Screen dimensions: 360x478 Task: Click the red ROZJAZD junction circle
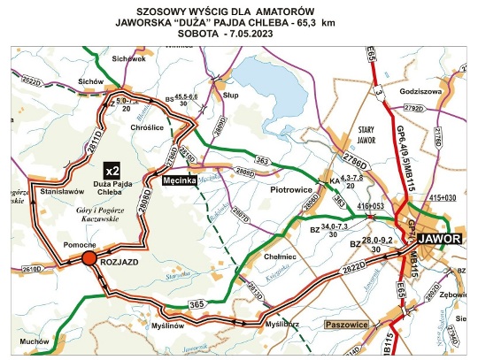coord(89,258)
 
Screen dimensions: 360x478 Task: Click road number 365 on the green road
coord(200,305)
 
